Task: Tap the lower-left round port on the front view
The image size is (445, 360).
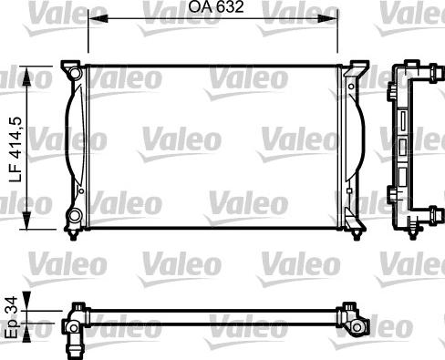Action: coord(72,218)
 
